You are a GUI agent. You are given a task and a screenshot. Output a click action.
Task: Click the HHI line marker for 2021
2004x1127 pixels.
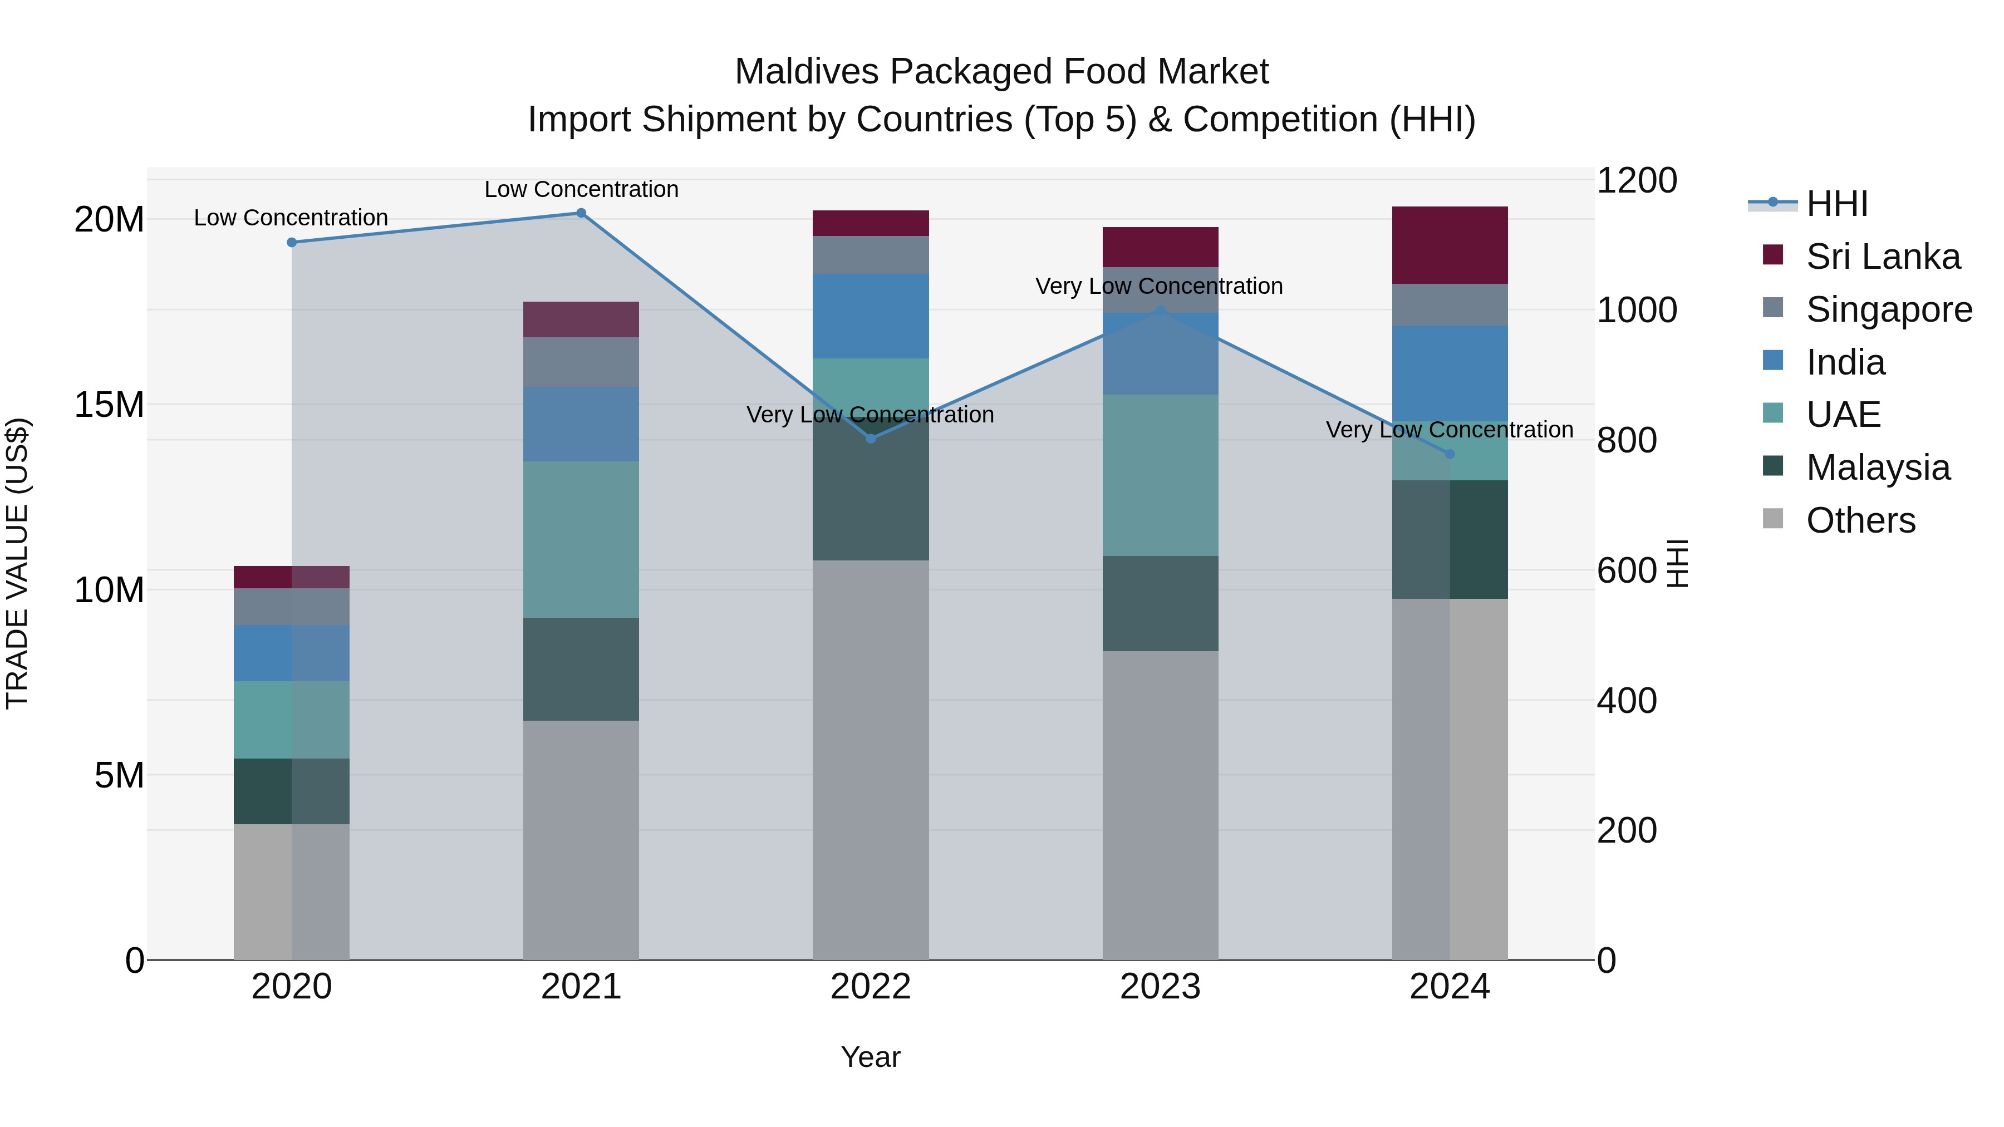[581, 213]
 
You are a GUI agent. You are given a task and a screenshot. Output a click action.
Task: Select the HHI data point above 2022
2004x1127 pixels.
[871, 439]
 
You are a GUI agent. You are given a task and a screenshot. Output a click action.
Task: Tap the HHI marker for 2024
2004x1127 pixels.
[1450, 454]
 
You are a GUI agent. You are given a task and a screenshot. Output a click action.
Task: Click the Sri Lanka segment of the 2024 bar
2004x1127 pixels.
[1450, 245]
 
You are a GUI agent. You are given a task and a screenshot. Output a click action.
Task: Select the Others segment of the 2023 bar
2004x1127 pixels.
[1160, 805]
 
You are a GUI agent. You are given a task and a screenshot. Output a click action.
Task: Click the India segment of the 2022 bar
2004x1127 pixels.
[871, 316]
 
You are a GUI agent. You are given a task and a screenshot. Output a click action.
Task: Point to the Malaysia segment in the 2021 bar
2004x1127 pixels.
[581, 669]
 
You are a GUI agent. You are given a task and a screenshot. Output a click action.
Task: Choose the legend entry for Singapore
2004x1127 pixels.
[1888, 309]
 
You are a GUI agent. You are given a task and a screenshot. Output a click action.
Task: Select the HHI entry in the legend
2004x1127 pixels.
[1836, 204]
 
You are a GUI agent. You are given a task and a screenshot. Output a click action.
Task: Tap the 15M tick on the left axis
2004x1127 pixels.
[109, 405]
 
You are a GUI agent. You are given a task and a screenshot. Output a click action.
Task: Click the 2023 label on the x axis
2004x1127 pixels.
[1160, 987]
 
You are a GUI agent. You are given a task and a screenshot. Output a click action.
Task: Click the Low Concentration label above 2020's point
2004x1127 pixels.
[291, 218]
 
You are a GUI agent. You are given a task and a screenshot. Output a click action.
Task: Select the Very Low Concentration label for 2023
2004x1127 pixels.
[1158, 286]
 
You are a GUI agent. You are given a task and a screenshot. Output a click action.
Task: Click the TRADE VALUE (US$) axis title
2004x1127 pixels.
[17, 563]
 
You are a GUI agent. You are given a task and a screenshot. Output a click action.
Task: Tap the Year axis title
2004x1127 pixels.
[871, 1057]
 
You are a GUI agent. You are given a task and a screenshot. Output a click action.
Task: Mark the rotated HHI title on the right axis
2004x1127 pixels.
[1678, 563]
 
